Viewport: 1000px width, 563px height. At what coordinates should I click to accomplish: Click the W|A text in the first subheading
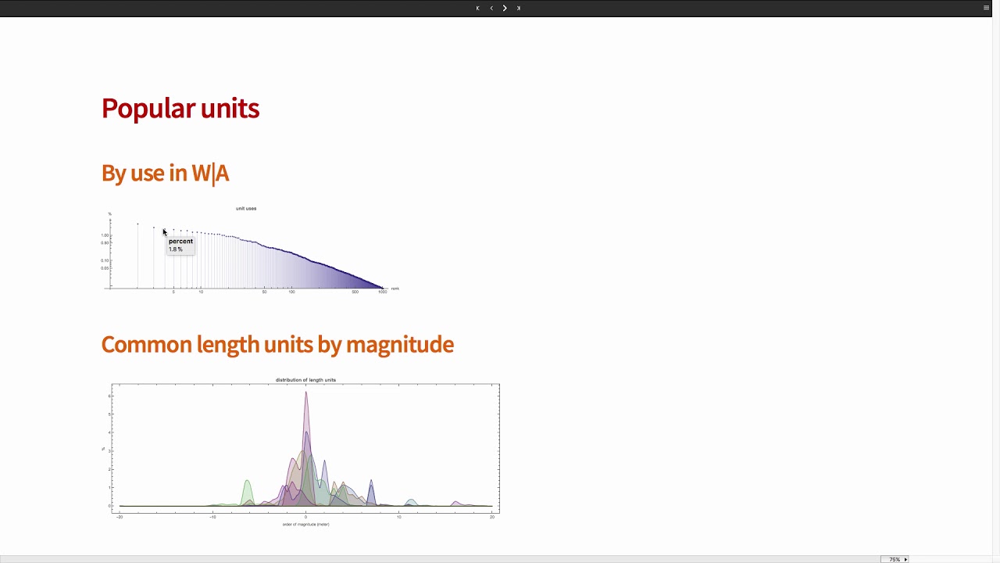pyautogui.click(x=210, y=173)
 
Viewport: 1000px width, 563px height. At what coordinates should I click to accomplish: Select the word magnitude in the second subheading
pyautogui.click(x=399, y=345)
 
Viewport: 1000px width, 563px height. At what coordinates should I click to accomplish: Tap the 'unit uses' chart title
pyautogui.click(x=246, y=209)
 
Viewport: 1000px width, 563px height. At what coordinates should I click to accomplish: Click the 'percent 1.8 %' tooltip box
pyautogui.click(x=180, y=245)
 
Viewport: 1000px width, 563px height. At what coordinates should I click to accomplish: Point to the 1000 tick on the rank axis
pyautogui.click(x=382, y=292)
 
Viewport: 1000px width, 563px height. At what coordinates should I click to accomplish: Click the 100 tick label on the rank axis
pyautogui.click(x=291, y=292)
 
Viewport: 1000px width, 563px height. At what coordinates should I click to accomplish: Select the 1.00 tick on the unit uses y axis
pyautogui.click(x=105, y=235)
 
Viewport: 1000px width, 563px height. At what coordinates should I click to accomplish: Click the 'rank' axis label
pyautogui.click(x=395, y=289)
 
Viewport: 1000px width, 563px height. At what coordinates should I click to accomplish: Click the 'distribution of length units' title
pyautogui.click(x=305, y=380)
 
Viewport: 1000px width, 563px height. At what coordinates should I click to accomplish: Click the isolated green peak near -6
pyautogui.click(x=248, y=491)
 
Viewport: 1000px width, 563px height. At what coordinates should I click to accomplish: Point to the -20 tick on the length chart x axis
pyautogui.click(x=120, y=517)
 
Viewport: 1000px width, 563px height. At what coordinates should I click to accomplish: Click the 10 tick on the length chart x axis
pyautogui.click(x=398, y=517)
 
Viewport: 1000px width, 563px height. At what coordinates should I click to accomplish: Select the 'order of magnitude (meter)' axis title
pyautogui.click(x=305, y=525)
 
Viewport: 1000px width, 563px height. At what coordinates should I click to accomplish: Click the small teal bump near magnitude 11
pyautogui.click(x=411, y=503)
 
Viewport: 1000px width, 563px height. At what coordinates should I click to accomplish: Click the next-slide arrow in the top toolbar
pyautogui.click(x=505, y=8)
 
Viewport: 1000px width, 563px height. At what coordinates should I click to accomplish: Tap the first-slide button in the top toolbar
pyautogui.click(x=477, y=8)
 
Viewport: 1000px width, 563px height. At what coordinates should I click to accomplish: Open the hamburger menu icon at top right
pyautogui.click(x=986, y=8)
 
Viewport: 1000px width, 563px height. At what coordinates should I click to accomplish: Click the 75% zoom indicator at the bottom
pyautogui.click(x=895, y=559)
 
